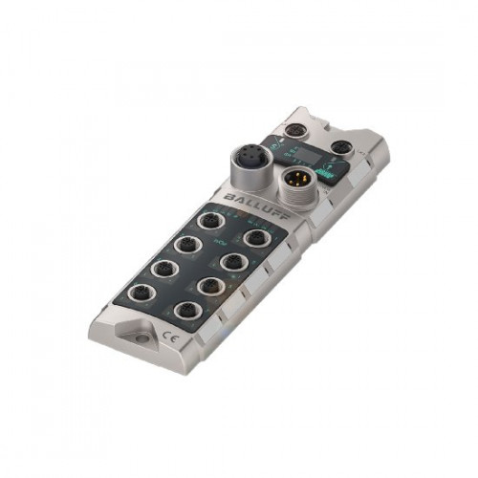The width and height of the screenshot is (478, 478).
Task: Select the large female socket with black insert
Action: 243,158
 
